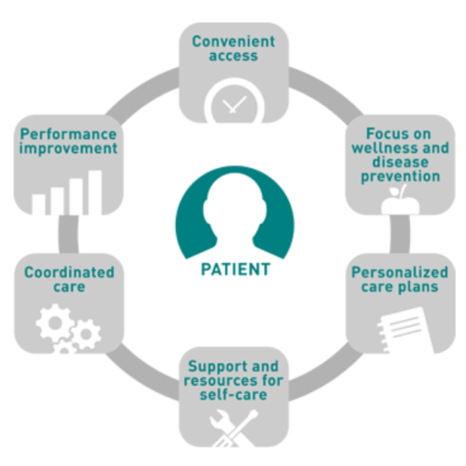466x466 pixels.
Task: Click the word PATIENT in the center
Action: click(x=235, y=270)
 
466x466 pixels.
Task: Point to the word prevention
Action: click(x=400, y=175)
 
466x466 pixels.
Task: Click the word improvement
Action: click(x=68, y=148)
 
